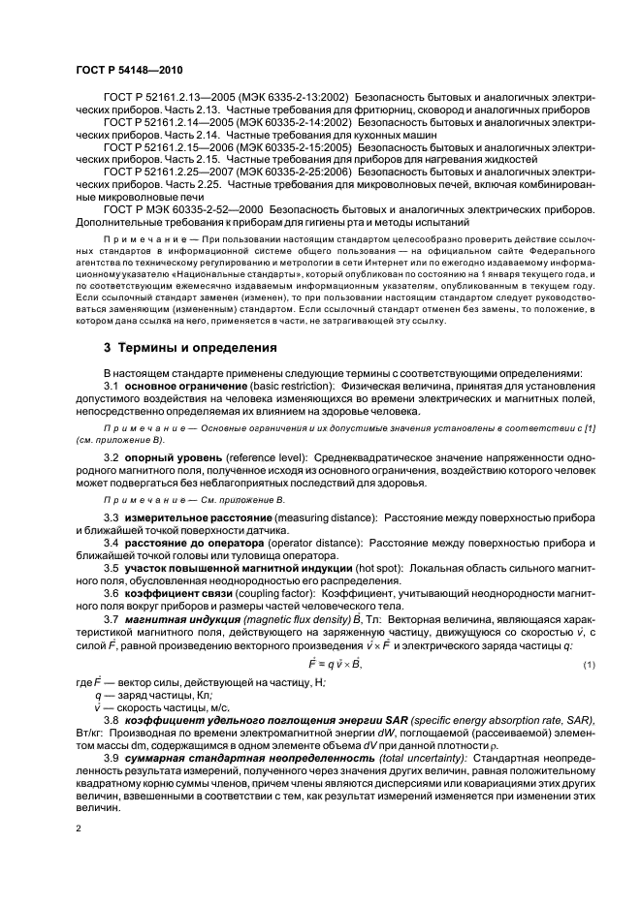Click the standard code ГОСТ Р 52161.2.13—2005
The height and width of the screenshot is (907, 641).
[x=168, y=99]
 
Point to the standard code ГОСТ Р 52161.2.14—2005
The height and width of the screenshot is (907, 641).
[x=168, y=126]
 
